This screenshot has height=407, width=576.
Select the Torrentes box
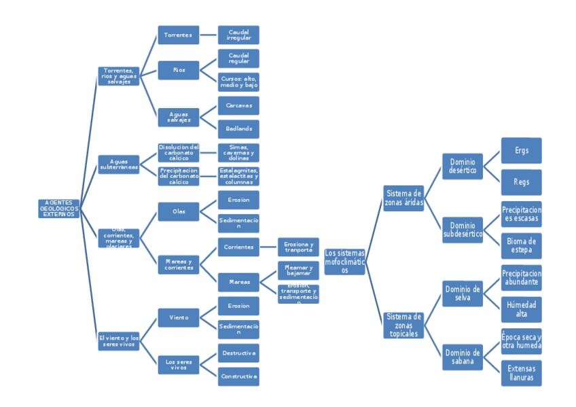tap(177, 33)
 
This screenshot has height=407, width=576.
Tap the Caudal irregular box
tap(238, 33)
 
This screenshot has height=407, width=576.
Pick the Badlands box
tap(238, 128)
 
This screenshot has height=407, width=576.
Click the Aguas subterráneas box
tap(119, 164)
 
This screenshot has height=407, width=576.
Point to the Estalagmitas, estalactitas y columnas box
tap(238, 176)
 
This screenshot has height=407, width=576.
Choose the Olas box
tap(177, 211)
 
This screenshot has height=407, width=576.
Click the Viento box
tap(177, 317)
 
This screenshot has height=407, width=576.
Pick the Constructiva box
tap(238, 376)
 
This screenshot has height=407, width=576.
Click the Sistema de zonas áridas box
tap(403, 198)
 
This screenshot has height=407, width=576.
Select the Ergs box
tap(522, 150)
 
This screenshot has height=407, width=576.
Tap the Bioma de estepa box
tap(522, 245)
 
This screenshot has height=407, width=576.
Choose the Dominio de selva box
tap(463, 294)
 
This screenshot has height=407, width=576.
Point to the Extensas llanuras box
tap(522, 373)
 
